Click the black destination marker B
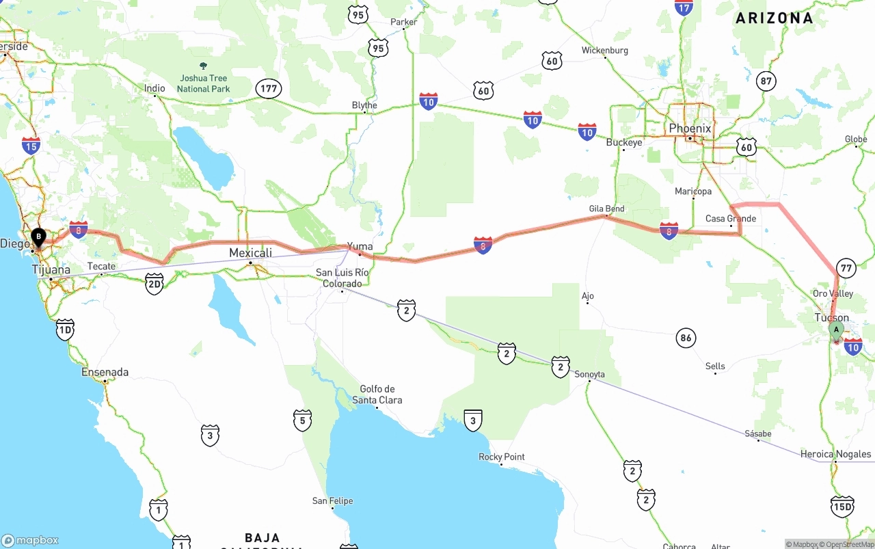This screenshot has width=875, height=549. (x=38, y=237)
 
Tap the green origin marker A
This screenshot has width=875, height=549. (x=835, y=330)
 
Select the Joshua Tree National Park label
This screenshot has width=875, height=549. (x=203, y=83)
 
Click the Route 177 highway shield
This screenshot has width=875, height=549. (x=269, y=88)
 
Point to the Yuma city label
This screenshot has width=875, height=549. (x=360, y=246)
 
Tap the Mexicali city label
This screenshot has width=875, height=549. (x=250, y=252)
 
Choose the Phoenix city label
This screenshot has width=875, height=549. (x=690, y=129)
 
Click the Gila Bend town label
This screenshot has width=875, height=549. (x=606, y=209)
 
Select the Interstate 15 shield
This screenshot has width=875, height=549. (x=31, y=145)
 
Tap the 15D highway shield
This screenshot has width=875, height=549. (x=842, y=506)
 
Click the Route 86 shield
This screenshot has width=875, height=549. (x=686, y=337)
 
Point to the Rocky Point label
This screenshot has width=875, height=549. (x=502, y=457)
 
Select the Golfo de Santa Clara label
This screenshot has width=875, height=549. (x=377, y=394)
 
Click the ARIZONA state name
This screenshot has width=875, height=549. (x=774, y=18)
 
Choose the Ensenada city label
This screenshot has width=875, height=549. (x=105, y=373)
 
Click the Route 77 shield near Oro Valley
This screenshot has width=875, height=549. (x=846, y=268)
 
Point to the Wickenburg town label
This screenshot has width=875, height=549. (x=604, y=51)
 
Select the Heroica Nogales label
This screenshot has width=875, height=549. (x=835, y=454)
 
